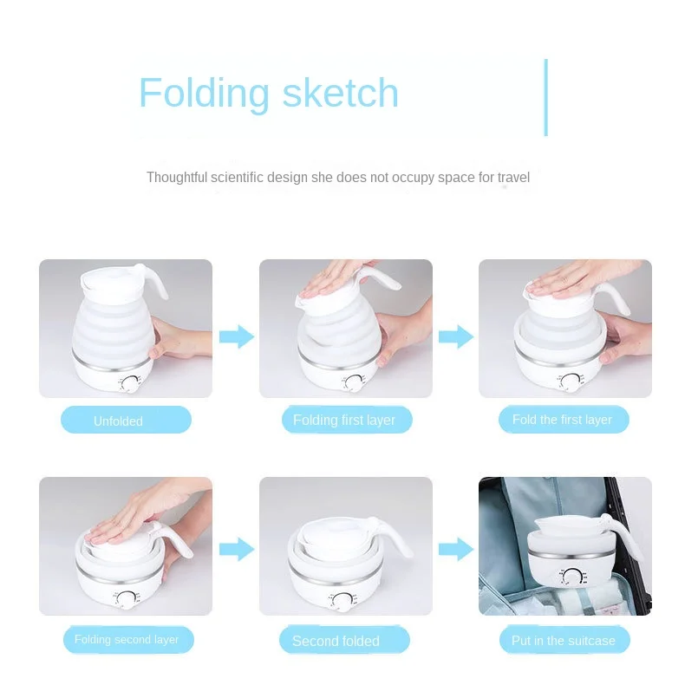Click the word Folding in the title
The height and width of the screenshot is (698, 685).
click(204, 94)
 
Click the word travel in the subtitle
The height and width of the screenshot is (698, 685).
click(514, 178)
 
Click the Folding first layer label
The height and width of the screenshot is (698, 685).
click(344, 421)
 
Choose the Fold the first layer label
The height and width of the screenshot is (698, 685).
click(562, 420)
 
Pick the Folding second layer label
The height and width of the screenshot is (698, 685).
click(127, 641)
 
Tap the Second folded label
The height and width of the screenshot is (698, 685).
click(336, 642)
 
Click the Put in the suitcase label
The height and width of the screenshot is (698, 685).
click(563, 641)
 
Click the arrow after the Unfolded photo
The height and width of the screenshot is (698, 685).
click(236, 336)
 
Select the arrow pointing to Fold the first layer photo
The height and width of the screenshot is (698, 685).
click(455, 336)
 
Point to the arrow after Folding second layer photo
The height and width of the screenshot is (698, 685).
click(236, 548)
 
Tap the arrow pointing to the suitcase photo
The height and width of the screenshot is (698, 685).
click(455, 548)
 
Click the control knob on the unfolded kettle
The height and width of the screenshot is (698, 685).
click(131, 383)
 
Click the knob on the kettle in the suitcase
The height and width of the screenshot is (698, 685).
click(571, 577)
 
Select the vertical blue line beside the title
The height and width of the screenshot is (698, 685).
click(546, 97)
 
